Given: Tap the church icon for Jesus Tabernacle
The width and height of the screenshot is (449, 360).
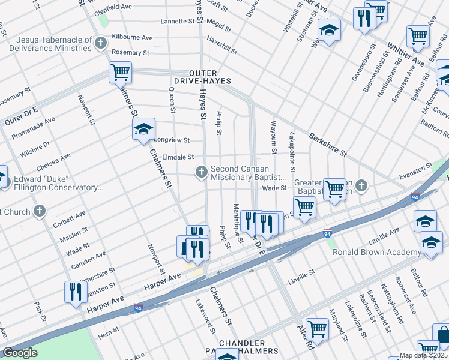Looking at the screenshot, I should click(x=101, y=42).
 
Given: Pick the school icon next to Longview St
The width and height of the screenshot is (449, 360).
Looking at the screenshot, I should click(x=143, y=130).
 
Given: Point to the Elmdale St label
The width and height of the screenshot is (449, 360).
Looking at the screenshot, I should click(x=178, y=157).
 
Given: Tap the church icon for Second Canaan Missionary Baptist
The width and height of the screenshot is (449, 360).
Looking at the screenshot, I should click(x=202, y=173).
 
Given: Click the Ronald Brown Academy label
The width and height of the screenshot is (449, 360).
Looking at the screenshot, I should click(x=377, y=252).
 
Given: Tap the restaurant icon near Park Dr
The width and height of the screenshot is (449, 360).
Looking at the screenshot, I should click(x=75, y=292).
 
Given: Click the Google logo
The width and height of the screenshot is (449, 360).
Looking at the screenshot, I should click(x=20, y=353).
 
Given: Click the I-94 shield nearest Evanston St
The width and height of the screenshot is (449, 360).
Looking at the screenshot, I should click(x=415, y=196).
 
